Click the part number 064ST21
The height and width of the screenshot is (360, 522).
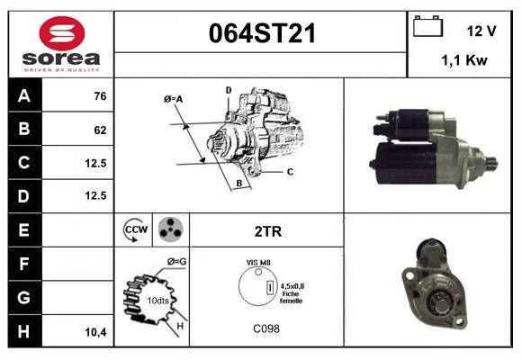[x=262, y=33]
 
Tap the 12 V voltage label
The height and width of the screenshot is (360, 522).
[x=481, y=31]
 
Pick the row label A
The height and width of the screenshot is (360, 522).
[x=23, y=96]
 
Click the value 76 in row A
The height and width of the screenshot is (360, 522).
[x=99, y=96]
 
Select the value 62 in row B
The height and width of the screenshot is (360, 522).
[x=99, y=130]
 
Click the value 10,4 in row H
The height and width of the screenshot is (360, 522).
[x=95, y=331]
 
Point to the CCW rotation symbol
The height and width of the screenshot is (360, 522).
[x=135, y=230]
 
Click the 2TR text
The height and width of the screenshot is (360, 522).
[x=268, y=231]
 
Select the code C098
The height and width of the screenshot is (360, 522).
[x=268, y=328]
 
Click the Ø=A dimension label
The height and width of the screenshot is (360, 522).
[x=174, y=99]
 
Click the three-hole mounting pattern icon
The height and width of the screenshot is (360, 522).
[x=170, y=230]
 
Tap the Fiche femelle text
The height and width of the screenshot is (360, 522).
[x=291, y=297]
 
